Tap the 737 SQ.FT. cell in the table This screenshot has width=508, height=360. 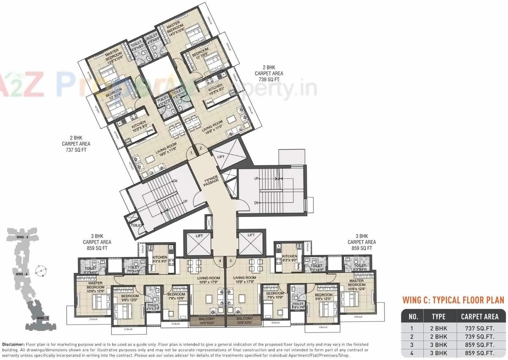click(x=479, y=328)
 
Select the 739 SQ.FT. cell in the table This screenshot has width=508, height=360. click(x=479, y=336)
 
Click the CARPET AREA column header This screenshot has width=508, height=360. click(x=479, y=316)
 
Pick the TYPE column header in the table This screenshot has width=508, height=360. click(x=438, y=316)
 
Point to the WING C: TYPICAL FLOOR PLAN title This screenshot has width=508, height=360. click(x=453, y=300)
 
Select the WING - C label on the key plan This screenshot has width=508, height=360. click(x=43, y=318)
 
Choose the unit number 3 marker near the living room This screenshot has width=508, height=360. click(x=230, y=261)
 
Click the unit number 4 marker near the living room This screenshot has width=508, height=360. click(x=220, y=261)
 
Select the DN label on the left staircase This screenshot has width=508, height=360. click(x=175, y=180)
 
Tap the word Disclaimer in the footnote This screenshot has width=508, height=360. click(x=13, y=345)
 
